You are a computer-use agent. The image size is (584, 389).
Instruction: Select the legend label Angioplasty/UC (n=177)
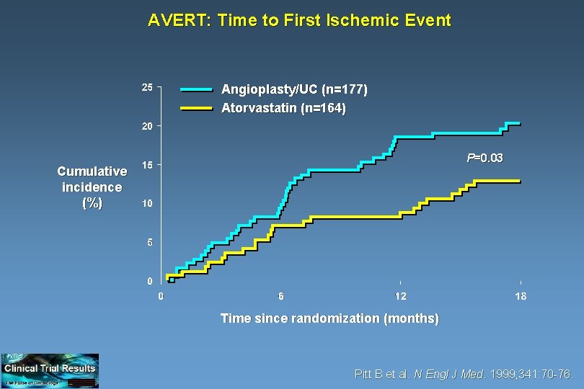294,90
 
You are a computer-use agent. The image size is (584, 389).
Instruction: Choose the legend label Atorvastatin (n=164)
283,109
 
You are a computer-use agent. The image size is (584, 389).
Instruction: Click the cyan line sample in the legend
196,90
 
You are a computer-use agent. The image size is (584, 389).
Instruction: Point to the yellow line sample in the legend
196,109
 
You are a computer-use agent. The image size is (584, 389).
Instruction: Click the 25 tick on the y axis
146,88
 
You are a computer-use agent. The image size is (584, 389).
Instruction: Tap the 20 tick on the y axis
146,127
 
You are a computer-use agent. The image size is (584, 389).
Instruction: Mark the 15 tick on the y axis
146,165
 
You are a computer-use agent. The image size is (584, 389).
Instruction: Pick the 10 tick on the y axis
146,204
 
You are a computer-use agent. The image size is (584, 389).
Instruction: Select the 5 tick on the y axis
149,243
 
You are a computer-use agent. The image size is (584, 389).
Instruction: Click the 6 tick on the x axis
281,296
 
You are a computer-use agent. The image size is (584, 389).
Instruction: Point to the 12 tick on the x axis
400,296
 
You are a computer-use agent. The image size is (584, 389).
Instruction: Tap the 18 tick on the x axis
520,296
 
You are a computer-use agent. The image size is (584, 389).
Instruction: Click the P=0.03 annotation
485,158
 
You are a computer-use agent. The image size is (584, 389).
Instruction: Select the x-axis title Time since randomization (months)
329,318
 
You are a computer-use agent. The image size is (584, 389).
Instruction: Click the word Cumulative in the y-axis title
92,171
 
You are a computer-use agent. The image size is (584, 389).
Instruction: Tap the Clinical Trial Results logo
50,370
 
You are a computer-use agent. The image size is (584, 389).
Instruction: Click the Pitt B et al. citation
464,375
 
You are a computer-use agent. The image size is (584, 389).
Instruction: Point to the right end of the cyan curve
519,124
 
